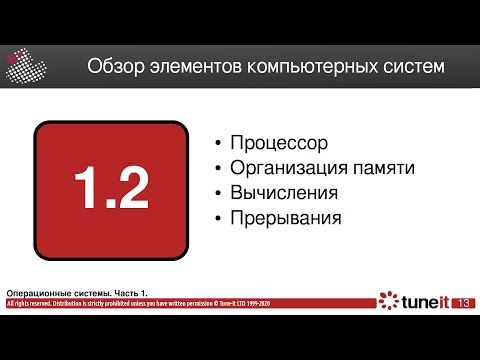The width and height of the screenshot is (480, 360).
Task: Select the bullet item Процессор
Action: coord(279,144)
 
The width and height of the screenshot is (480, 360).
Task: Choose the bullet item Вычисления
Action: coord(283,192)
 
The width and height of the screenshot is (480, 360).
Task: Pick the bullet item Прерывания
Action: coord(286,216)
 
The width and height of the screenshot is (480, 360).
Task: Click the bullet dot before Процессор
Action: coord(218,145)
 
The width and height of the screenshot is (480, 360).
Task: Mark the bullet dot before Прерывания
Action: coord(218,217)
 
